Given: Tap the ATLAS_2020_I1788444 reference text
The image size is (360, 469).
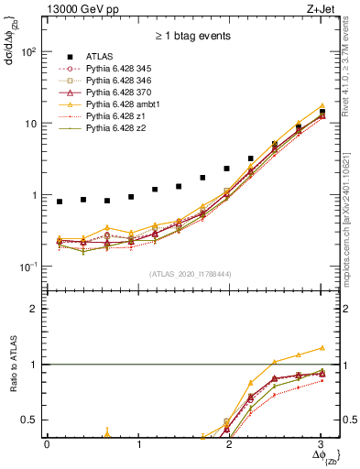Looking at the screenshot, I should point(191,273).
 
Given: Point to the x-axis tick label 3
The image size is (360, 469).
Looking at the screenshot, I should point(322,445).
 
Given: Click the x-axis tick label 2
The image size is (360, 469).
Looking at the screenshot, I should point(230,445).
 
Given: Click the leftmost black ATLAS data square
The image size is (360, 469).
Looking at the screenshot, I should point(60,202).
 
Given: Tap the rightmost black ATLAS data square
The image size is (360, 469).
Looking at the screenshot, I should point(322,112).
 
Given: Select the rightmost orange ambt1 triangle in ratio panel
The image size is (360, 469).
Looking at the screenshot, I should point(322,348).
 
